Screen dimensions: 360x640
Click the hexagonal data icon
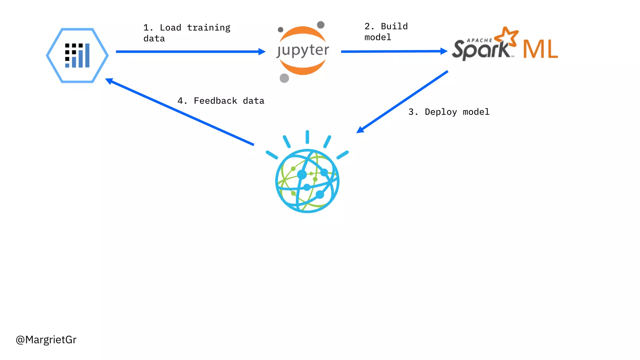pyautogui.click(x=77, y=55)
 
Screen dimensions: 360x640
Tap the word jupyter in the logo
pyautogui.click(x=303, y=51)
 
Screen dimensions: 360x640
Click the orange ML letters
pyautogui.click(x=540, y=49)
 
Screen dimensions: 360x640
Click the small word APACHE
pyautogui.click(x=479, y=40)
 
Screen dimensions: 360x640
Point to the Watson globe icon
pyautogui.click(x=307, y=181)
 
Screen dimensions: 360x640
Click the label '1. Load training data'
pyautogui.click(x=187, y=33)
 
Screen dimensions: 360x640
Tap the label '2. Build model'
pyautogui.click(x=386, y=32)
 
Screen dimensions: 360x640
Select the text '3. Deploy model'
pyautogui.click(x=449, y=112)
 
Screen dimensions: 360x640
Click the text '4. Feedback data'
pyautogui.click(x=221, y=101)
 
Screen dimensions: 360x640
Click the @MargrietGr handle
pyautogui.click(x=46, y=340)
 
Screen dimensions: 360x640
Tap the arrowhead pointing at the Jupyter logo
pyautogui.click(x=262, y=52)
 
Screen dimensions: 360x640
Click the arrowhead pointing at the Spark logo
pyautogui.click(x=444, y=51)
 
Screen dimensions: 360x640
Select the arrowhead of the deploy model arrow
pyautogui.click(x=360, y=130)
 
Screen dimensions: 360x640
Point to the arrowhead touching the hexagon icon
pyautogui.click(x=109, y=81)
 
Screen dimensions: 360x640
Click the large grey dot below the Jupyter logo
pyautogui.click(x=284, y=78)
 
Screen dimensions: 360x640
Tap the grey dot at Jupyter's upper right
pyautogui.click(x=321, y=25)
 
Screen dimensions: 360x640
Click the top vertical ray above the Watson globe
pyautogui.click(x=307, y=137)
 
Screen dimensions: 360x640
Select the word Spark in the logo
pyautogui.click(x=481, y=50)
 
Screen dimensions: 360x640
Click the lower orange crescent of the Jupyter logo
pyautogui.click(x=302, y=68)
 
